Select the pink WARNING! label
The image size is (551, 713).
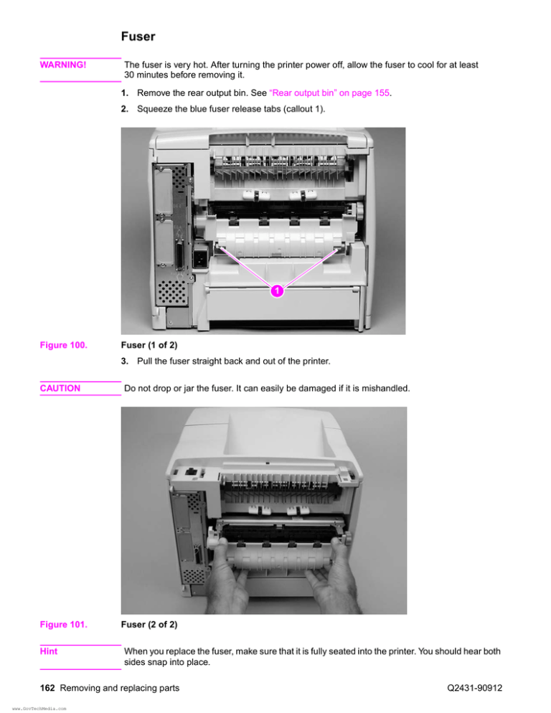63,65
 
